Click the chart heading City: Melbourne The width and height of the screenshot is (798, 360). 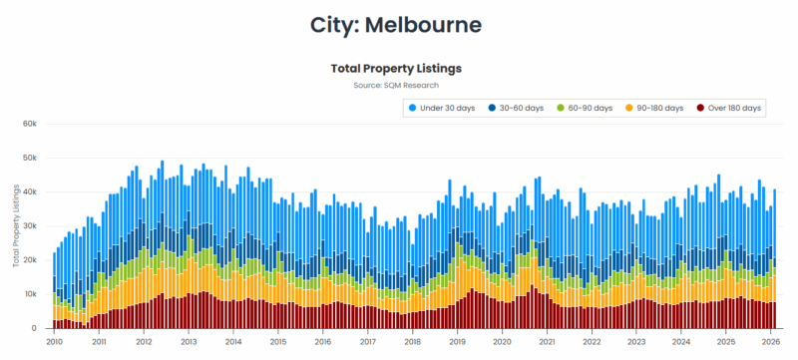398,24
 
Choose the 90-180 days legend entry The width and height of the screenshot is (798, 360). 659,108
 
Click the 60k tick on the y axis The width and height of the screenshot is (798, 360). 30,124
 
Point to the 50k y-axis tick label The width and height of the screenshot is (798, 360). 30,158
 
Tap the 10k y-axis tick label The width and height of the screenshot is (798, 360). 30,294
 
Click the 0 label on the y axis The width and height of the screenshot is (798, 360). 34,328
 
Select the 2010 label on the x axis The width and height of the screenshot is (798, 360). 54,341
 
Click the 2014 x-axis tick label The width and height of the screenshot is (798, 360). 233,341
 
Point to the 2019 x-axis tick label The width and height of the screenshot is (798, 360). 457,341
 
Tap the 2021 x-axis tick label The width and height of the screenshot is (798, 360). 547,341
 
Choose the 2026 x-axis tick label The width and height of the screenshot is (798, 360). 770,341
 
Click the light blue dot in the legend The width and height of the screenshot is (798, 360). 413,108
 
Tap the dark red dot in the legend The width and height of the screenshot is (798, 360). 702,108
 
